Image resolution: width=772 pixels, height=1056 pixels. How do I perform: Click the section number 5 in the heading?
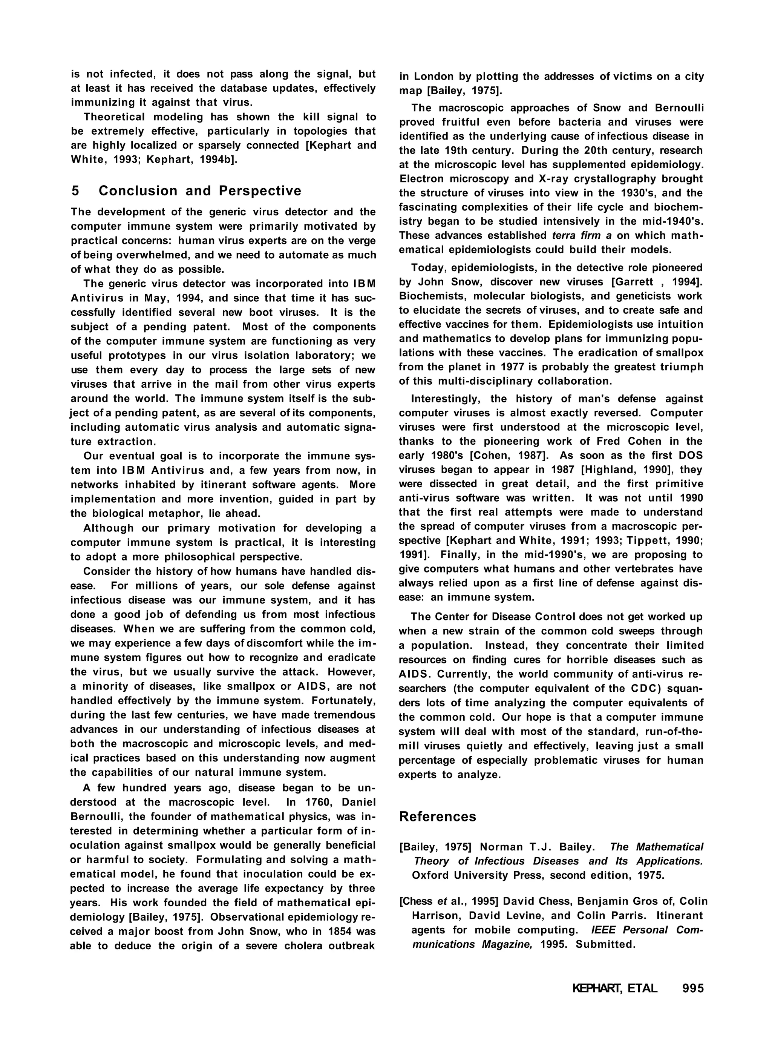click(x=75, y=191)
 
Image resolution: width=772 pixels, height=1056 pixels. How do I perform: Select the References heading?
click(x=437, y=817)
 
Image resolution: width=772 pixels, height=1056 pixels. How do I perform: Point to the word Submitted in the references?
click(x=606, y=944)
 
